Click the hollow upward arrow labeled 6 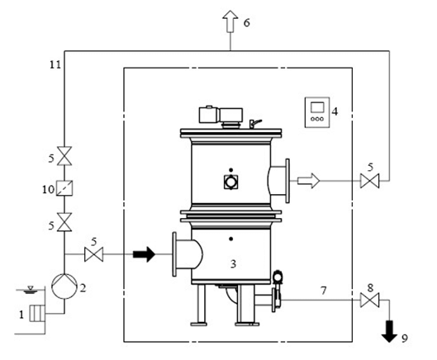click(230, 21)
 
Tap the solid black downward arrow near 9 click(389, 331)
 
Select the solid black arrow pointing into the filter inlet click(144, 254)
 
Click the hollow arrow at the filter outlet click(308, 181)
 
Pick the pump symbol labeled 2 click(64, 287)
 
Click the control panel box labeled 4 click(317, 112)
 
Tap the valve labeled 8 click(370, 300)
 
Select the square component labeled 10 click(64, 187)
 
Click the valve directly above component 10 click(64, 156)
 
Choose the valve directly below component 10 click(64, 222)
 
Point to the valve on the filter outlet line click(370, 181)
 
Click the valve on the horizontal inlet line click(93, 254)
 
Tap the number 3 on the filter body click(233, 263)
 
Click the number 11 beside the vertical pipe click(55, 65)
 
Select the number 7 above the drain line click(323, 291)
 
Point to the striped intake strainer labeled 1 click(37, 314)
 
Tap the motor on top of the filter click(221, 115)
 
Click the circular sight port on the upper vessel click(230, 182)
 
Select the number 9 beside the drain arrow click(405, 339)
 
